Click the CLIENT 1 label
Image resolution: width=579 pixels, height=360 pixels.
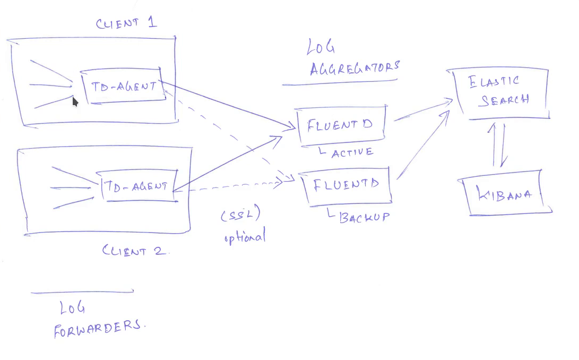[126, 23]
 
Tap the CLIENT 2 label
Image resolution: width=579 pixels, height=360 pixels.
[135, 251]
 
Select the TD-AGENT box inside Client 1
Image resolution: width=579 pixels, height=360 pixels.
[123, 86]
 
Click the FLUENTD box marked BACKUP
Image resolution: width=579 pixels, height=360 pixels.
[347, 185]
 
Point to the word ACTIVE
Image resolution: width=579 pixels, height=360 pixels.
[352, 152]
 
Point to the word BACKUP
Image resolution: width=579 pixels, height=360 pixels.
[364, 217]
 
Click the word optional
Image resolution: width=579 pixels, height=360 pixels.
[244, 237]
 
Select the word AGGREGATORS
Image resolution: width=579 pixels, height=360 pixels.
[354, 68]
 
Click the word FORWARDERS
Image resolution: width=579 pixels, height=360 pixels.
[98, 329]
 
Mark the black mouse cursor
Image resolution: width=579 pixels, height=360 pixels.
[75, 101]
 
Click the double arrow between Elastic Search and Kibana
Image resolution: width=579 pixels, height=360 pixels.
[499, 145]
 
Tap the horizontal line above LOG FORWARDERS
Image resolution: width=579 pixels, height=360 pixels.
[82, 292]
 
